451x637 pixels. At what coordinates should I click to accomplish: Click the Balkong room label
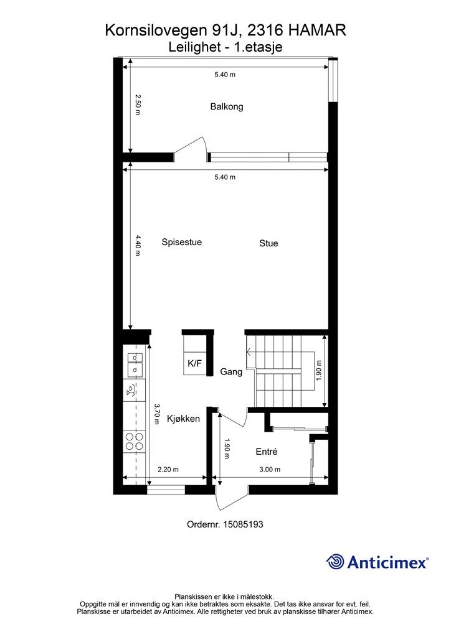(227, 107)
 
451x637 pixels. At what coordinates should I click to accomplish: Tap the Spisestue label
(182, 242)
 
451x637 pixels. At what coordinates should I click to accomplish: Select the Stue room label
(269, 243)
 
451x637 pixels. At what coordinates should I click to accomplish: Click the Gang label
(231, 372)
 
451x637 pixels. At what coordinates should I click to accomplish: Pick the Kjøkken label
(183, 419)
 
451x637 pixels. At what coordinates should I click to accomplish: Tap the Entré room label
(267, 452)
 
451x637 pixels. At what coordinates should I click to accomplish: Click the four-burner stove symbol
(135, 441)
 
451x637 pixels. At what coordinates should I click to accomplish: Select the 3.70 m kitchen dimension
(156, 414)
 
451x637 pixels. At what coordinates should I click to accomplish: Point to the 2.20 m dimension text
(168, 470)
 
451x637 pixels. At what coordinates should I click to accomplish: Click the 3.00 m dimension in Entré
(270, 470)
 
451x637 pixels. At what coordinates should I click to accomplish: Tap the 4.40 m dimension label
(138, 245)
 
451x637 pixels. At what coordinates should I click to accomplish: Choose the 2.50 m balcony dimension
(138, 105)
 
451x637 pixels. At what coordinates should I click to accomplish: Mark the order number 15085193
(243, 524)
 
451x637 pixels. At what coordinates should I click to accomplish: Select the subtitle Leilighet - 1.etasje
(225, 47)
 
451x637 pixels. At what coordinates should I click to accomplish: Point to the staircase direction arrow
(280, 352)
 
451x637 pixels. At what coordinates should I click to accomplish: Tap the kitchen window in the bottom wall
(166, 490)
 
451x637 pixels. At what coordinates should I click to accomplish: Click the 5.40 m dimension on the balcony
(225, 75)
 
